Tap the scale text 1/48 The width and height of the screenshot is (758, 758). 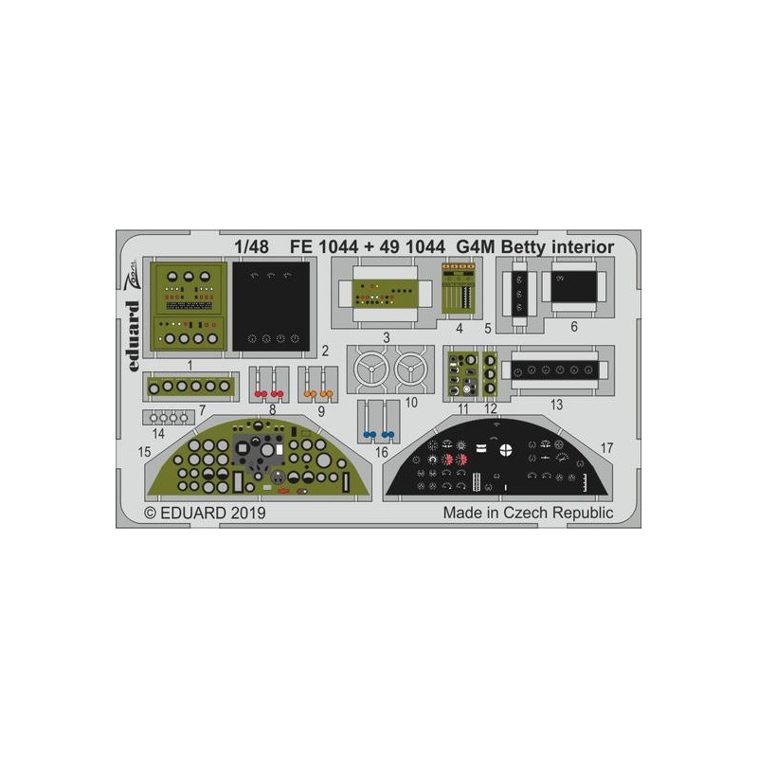click(251, 247)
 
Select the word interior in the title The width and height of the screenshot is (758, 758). click(583, 247)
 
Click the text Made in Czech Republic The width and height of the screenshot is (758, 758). click(529, 513)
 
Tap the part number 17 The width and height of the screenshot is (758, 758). click(606, 448)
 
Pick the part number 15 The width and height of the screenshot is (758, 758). click(145, 452)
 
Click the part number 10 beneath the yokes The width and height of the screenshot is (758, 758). click(411, 402)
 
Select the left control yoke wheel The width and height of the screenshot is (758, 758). click(371, 370)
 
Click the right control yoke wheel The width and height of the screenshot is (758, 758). click(411, 370)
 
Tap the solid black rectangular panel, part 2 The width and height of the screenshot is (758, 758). click(271, 306)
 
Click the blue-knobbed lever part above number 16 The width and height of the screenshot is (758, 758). click(378, 421)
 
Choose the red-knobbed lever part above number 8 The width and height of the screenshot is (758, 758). click(269, 384)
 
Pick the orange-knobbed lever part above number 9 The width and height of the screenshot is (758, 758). click(317, 384)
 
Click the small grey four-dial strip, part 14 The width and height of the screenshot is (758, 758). click(169, 417)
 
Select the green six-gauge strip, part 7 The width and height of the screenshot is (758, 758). click(191, 387)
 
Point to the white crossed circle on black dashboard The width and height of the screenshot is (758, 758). click(506, 449)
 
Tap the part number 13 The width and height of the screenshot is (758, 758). click(557, 405)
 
